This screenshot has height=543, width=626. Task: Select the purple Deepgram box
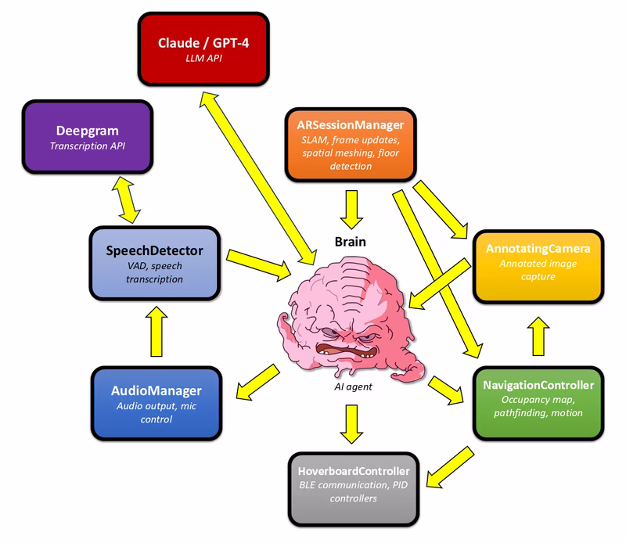coord(87,136)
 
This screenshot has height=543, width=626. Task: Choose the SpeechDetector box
coord(153,261)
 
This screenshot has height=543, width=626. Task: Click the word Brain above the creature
coord(351,243)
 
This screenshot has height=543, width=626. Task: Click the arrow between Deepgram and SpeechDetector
coord(126,200)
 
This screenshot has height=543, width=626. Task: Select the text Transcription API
coord(87,146)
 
